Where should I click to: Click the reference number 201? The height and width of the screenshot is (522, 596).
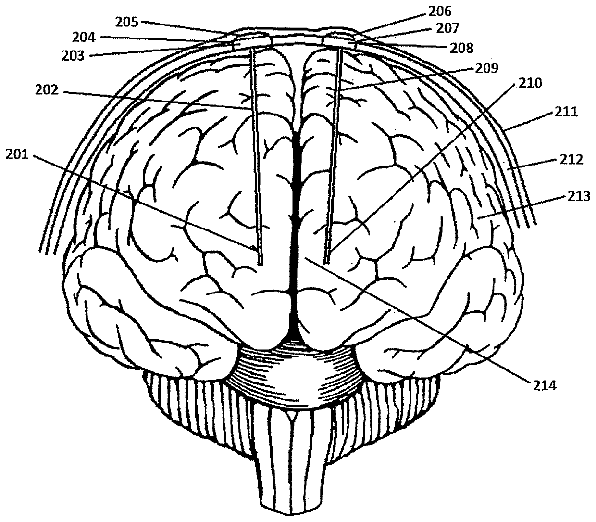[19, 154]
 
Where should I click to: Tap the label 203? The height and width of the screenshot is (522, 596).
[73, 56]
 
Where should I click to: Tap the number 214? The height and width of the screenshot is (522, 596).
[543, 385]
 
